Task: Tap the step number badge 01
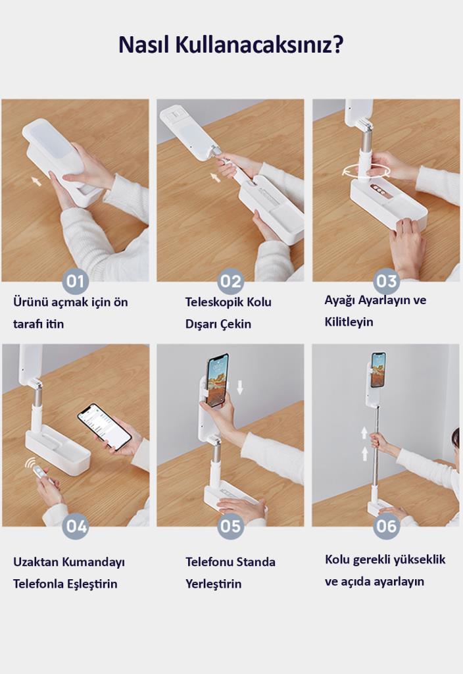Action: pos(76,281)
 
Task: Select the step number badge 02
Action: pos(231,281)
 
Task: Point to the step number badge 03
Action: pos(386,281)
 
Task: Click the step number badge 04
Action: pos(76,526)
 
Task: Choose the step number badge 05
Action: pos(231,526)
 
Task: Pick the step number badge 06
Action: pos(386,526)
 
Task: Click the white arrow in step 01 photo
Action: pos(37,181)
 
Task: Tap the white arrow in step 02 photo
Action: pos(215,176)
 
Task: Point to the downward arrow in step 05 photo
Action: pos(239,387)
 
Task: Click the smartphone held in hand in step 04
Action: pos(105,427)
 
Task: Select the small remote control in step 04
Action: pos(40,473)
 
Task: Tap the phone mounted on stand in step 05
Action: pos(217,380)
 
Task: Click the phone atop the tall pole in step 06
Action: pos(378,370)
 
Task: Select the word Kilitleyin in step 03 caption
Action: pos(349,322)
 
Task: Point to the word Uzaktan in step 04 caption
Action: pos(36,562)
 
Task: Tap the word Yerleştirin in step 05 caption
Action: pos(214,584)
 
